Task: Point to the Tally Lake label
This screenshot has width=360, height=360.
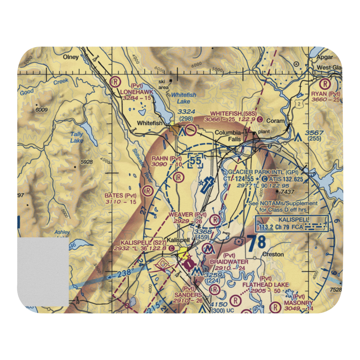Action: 77,137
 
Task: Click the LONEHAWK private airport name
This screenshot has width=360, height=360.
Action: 137,92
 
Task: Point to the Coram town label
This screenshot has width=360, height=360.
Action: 275,121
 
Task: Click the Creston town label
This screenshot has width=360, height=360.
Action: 273,254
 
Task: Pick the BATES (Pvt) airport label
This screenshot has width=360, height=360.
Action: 121,195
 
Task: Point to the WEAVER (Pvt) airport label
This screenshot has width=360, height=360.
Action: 187,215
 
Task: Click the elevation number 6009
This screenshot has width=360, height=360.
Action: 42,109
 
